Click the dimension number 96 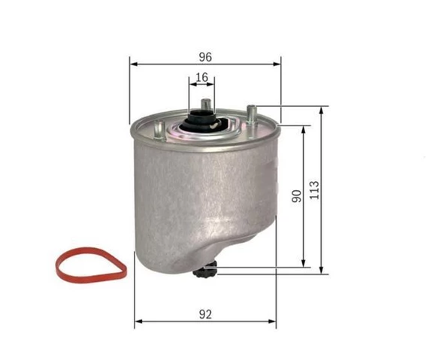pos(205,57)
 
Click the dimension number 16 pos(201,77)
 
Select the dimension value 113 pos(315,189)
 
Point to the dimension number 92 pos(205,316)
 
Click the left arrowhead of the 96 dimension pos(133,65)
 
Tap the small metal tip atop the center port pos(204,102)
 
